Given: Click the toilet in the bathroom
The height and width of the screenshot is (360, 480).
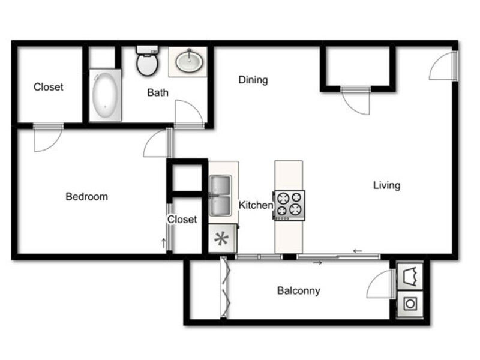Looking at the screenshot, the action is [147, 61].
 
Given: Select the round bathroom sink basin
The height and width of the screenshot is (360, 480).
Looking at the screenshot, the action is [189, 61].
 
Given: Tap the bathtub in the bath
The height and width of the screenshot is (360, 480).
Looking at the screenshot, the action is [105, 95].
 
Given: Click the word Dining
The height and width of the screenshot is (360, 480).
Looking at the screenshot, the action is [253, 80].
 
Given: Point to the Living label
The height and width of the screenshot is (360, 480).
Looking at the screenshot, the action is [386, 185].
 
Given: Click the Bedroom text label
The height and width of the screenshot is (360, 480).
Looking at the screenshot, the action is [86, 197].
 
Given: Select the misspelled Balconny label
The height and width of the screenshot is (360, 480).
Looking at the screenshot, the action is [299, 290].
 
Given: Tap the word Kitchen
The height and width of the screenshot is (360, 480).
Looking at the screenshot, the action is [256, 205].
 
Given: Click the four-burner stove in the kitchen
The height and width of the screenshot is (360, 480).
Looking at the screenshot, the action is [289, 205].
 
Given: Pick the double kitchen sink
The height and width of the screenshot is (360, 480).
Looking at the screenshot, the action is [220, 196].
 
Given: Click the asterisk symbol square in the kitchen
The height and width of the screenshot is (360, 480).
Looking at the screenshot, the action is [223, 239].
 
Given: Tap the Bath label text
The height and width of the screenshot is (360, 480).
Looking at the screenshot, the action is [158, 92].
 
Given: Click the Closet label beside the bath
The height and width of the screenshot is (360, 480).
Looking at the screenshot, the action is [49, 87].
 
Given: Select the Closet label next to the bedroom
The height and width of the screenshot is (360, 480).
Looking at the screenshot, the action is [182, 220].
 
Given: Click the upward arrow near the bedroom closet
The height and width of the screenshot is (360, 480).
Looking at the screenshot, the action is [164, 244].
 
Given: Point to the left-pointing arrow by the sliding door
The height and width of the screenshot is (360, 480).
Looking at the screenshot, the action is [358, 251].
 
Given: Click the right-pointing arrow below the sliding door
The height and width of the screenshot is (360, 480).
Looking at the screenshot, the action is [317, 263].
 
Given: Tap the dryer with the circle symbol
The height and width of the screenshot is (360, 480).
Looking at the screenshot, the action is [410, 304].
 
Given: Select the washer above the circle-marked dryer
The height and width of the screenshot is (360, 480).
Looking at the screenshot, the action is [410, 276].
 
